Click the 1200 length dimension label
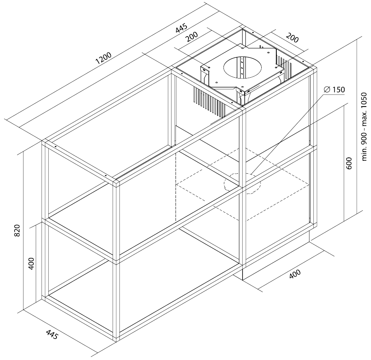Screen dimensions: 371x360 (103, 58)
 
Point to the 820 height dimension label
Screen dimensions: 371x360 (17, 231)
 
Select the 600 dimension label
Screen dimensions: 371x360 (349, 163)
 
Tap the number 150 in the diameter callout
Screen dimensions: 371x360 (338, 89)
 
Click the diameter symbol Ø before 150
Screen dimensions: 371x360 (327, 89)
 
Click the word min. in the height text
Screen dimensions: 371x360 (364, 154)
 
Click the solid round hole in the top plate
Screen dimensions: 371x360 (243, 68)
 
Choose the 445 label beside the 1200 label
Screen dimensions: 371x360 (182, 28)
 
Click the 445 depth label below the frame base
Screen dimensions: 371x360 (52, 334)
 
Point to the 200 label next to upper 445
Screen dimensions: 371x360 (191, 37)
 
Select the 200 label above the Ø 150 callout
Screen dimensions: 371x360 (292, 38)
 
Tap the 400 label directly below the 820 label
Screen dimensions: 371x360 (31, 263)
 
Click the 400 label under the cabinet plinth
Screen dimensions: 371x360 (295, 274)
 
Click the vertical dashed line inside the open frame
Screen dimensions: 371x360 (176, 187)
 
